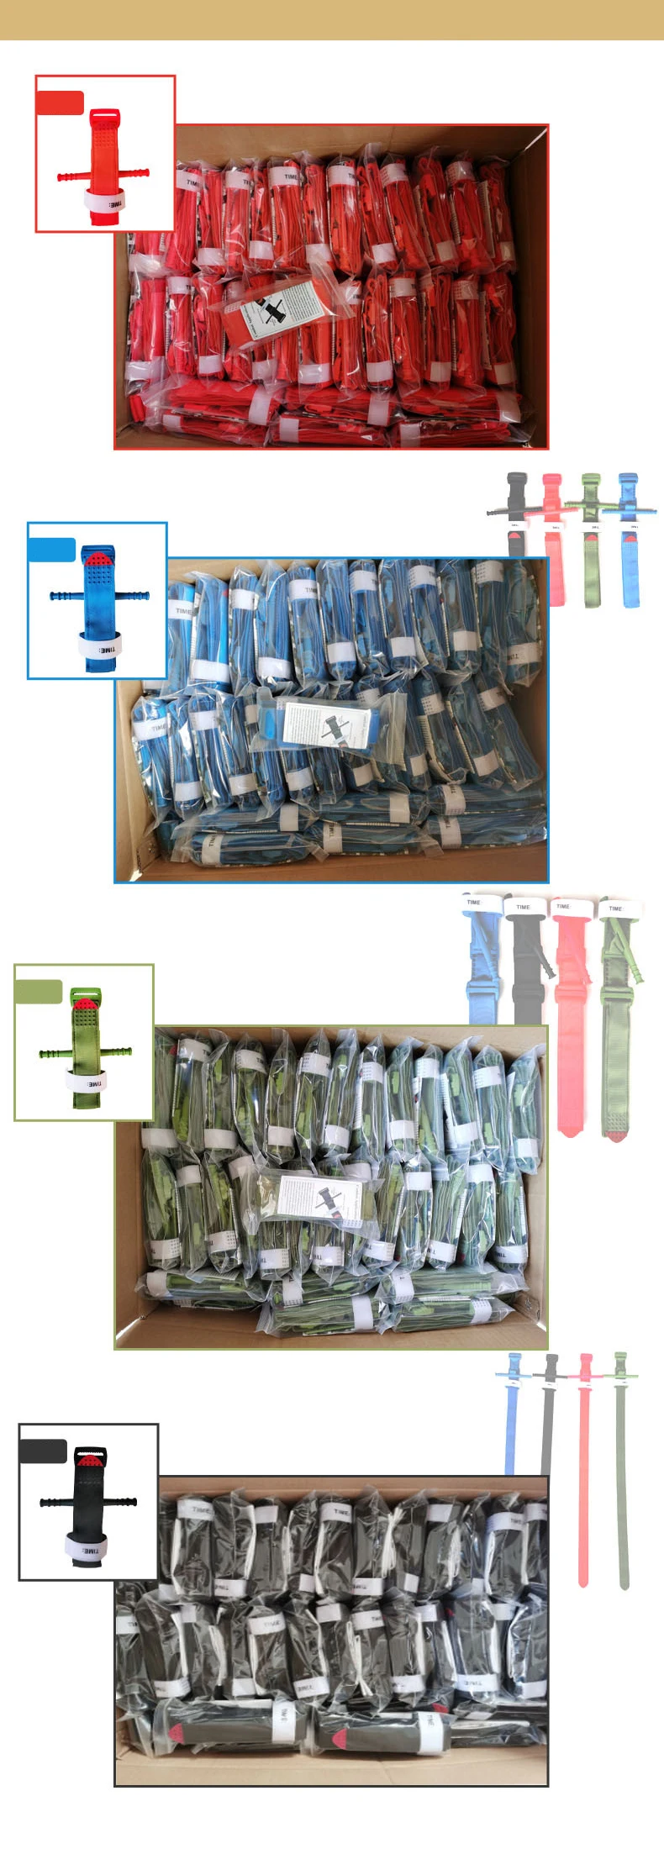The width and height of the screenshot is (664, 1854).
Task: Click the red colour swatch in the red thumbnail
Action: point(60,103)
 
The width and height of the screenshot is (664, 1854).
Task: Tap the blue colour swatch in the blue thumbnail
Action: point(52,550)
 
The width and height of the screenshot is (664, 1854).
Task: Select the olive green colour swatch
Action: point(39,992)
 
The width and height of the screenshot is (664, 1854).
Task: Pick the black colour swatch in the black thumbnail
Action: point(43,1451)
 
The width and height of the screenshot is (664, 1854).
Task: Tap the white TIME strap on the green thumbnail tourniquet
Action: point(87,1082)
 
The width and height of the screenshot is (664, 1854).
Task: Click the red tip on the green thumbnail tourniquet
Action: point(85,1003)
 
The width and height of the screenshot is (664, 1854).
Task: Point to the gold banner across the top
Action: point(332,19)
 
